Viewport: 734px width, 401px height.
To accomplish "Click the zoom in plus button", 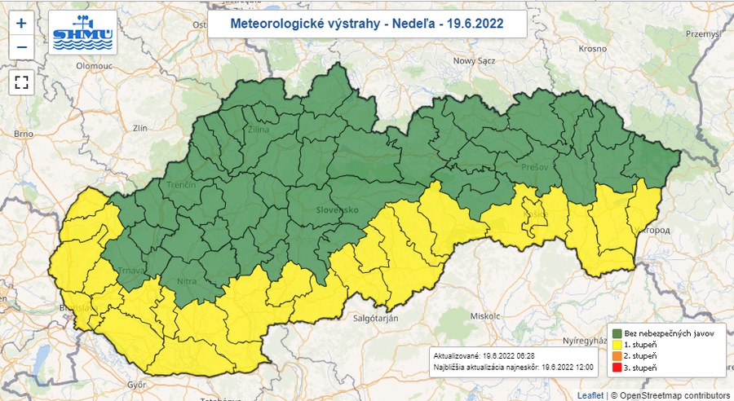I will coord(21,23).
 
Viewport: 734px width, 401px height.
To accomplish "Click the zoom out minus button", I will coord(21,46).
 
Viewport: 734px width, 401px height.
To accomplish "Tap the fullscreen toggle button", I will coord(21,82).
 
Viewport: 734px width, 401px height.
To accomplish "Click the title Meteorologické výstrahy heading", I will coord(366,24).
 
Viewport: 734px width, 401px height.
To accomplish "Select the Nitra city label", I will coord(187,281).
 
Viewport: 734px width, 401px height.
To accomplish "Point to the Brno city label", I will coord(22,133).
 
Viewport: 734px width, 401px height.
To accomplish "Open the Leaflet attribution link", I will coord(590,395).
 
